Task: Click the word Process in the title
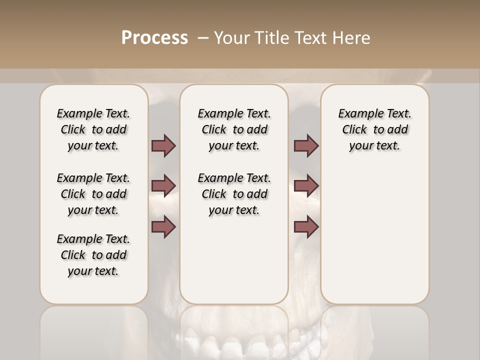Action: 154,38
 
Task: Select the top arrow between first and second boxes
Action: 163,145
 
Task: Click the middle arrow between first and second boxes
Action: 163,186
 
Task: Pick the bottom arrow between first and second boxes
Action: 163,227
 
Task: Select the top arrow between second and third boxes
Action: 306,145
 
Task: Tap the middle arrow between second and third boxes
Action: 306,186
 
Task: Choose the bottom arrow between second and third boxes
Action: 306,227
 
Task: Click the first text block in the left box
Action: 93,129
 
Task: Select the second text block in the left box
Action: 93,194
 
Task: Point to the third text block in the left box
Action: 93,255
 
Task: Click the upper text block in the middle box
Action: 234,129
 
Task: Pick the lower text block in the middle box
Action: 234,194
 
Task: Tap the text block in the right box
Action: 374,129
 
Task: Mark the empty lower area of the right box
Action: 374,235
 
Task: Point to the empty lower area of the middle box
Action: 234,260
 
